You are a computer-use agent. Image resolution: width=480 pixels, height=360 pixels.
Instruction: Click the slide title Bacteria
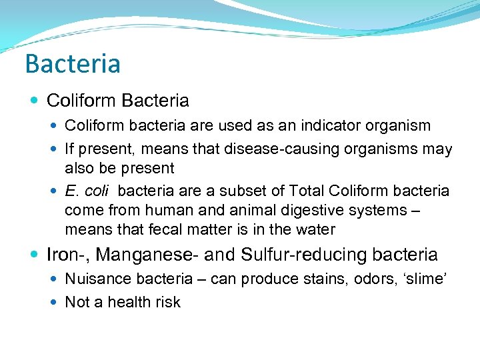[73, 64]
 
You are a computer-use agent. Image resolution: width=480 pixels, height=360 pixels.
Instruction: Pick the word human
[171, 211]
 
